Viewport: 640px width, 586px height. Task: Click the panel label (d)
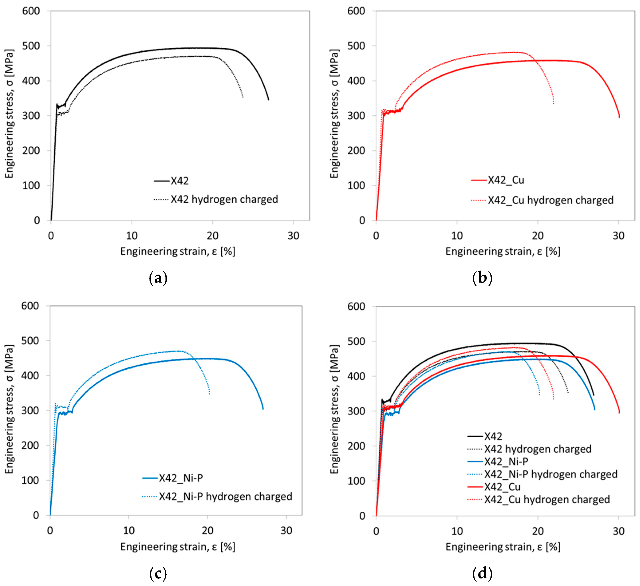[482, 573]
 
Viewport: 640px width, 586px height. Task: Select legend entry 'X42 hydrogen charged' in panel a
[224, 200]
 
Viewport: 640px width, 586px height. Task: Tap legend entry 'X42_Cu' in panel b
[506, 180]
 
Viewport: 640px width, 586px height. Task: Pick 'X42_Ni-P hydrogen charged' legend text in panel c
[225, 496]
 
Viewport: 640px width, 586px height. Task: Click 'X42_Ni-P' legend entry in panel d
[506, 461]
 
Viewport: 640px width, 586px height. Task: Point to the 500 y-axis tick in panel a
[31, 46]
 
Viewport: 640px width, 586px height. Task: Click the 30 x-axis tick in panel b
[618, 236]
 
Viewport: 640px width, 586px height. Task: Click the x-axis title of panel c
[177, 547]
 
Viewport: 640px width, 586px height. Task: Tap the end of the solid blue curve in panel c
[263, 409]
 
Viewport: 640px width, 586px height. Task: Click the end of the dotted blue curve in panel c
[209, 394]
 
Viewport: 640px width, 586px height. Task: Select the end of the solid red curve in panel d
[619, 413]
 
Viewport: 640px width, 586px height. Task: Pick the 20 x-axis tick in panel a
[212, 236]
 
